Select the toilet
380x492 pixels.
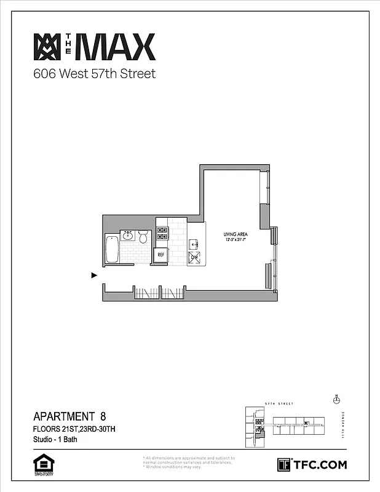[x=143, y=236]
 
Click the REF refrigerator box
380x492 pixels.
[x=161, y=253]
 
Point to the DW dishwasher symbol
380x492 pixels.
[x=194, y=257]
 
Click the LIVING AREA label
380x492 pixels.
[x=235, y=234]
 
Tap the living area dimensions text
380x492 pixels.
[x=235, y=240]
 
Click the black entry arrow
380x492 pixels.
[x=94, y=276]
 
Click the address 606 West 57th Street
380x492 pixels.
[x=94, y=74]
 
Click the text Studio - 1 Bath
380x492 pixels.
[x=55, y=440]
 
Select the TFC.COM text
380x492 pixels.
[x=320, y=465]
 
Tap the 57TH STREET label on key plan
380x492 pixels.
[x=279, y=404]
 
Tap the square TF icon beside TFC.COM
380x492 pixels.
[x=284, y=464]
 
